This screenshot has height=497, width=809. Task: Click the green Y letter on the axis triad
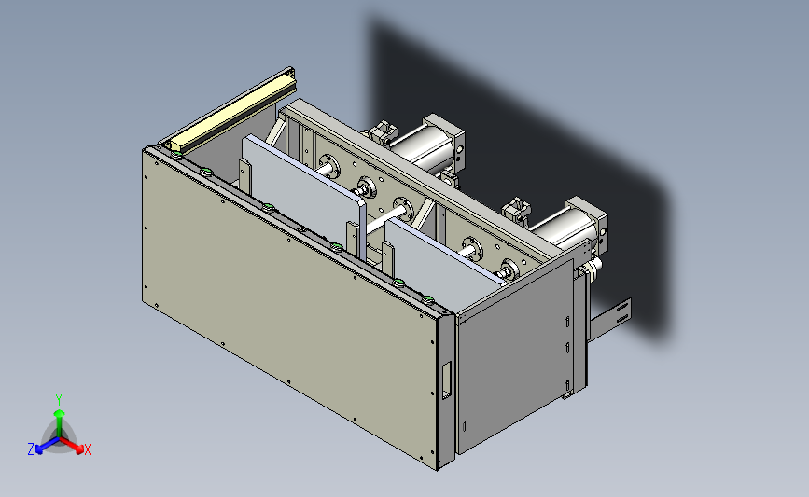pyautogui.click(x=59, y=400)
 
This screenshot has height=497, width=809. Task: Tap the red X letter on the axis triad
pyautogui.click(x=87, y=449)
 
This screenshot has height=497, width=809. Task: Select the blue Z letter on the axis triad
pyautogui.click(x=31, y=449)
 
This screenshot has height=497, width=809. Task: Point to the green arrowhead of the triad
pyautogui.click(x=60, y=413)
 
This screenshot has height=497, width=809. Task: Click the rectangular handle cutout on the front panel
pyautogui.click(x=446, y=380)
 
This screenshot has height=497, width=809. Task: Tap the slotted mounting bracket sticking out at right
pyautogui.click(x=611, y=318)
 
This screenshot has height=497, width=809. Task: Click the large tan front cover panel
pyautogui.click(x=289, y=304)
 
